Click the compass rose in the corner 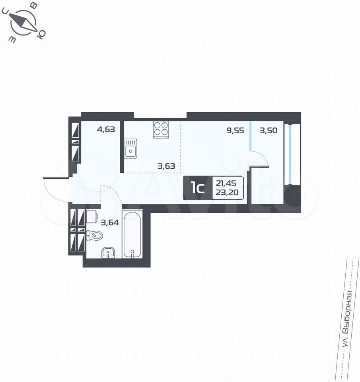coord(23,22)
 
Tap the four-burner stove coord(161,130)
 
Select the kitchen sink coord(130,148)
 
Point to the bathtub coord(132,235)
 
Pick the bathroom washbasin coord(108,253)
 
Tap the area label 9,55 coord(235,131)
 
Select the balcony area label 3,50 coord(269,131)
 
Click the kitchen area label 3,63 coord(166,166)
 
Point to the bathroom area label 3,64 coord(110,222)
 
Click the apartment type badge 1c coord(198,188)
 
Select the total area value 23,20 coord(227,193)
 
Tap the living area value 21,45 coord(226,183)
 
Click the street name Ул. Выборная coord(347,320)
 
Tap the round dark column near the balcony coord(293,196)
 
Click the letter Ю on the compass coord(41,35)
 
